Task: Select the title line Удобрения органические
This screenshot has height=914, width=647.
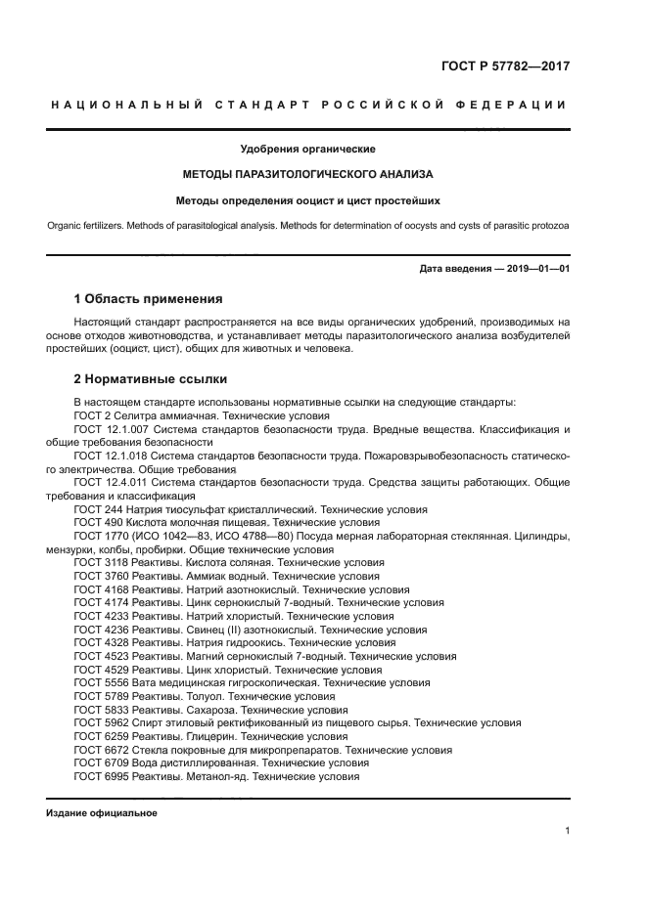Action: pos(308,150)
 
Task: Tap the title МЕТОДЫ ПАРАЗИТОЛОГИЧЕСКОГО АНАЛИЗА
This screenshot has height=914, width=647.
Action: pos(308,175)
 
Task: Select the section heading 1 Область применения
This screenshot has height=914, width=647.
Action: pos(149,298)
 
